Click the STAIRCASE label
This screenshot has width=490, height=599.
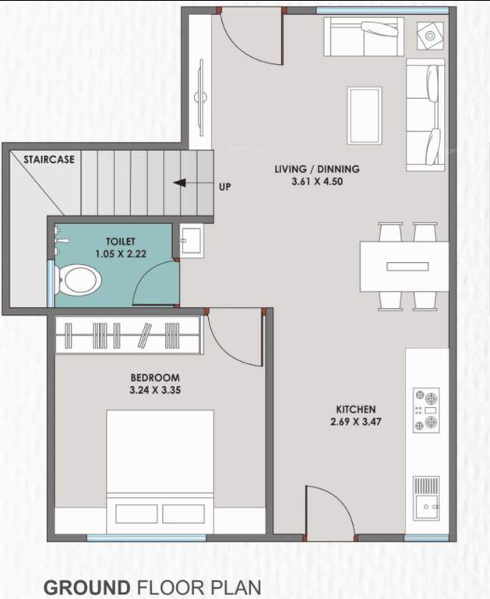49,159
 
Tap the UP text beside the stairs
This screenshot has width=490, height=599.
225,186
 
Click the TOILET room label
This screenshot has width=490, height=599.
121,243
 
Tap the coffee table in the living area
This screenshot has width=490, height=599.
364,115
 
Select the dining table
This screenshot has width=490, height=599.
404,266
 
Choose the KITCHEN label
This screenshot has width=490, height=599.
356,409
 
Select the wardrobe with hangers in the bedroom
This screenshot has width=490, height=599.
129,335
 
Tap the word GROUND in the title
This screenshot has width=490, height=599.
86,587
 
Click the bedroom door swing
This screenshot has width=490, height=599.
234,337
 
